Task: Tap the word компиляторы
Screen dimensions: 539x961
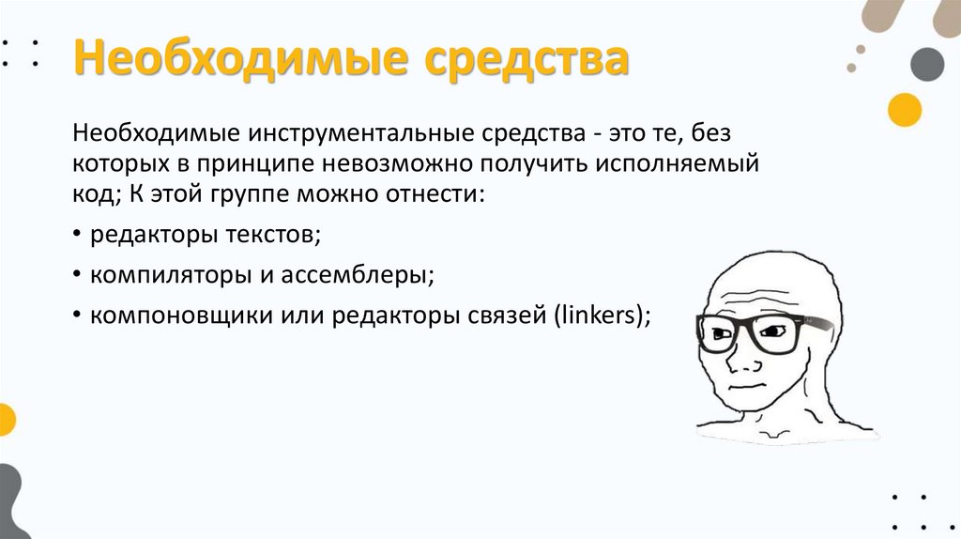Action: (x=159, y=276)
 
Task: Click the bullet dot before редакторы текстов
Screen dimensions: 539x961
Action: (x=76, y=236)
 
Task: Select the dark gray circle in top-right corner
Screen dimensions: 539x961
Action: (x=927, y=64)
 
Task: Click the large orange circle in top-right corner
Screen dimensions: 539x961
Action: (x=905, y=110)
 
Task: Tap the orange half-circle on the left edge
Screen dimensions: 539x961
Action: (x=6, y=419)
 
